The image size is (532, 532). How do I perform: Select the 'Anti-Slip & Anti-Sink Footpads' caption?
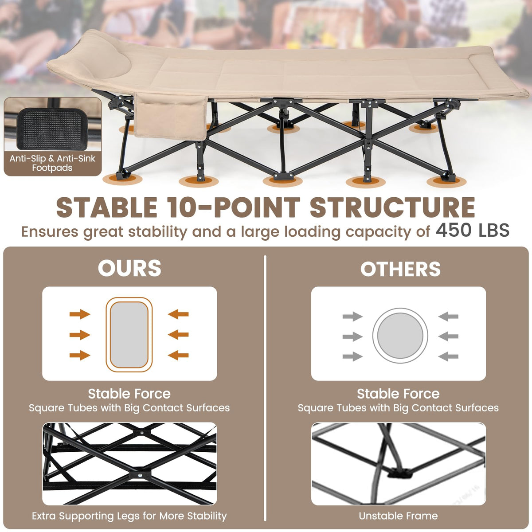52,163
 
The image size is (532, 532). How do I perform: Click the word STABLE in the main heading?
107,207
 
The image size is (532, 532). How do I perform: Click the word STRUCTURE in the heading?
392,207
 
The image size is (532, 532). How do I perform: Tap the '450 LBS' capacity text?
472,230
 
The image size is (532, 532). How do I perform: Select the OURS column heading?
129,268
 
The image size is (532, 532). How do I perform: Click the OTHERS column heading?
400,269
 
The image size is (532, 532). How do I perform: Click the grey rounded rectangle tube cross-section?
129,335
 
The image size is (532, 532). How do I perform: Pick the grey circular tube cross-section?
400,336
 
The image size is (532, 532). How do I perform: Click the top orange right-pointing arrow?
80,314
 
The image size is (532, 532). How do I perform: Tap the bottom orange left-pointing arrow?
178,355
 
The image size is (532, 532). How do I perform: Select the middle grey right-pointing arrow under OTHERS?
352,336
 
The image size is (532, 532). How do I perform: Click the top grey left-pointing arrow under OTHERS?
448,317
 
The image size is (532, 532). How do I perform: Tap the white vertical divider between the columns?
265,388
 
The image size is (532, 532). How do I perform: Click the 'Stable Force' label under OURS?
129,394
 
